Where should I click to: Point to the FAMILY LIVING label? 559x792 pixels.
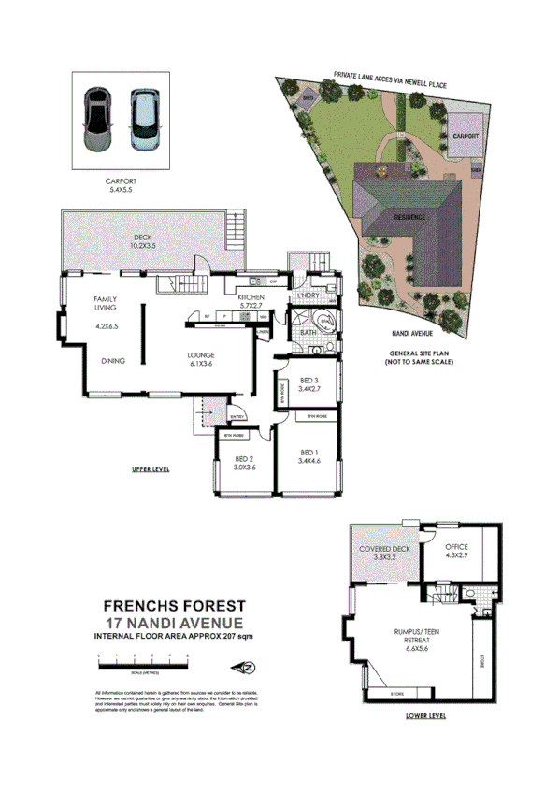(104, 303)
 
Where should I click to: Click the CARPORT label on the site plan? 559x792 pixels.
(466, 136)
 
